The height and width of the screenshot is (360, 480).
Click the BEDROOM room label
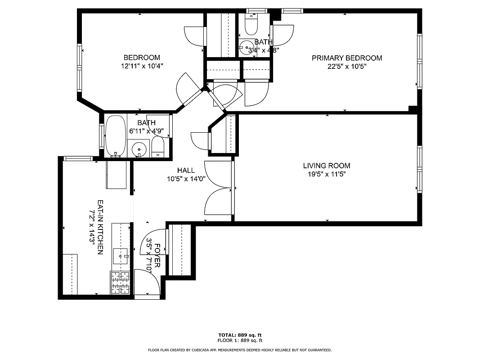(x=142, y=58)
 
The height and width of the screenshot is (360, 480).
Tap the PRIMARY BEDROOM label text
(x=347, y=58)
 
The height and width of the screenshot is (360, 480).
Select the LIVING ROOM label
(x=326, y=166)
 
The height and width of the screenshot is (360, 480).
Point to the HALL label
(x=186, y=170)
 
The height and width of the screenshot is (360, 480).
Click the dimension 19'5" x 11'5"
(x=326, y=174)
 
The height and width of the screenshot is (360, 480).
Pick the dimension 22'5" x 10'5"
(x=347, y=66)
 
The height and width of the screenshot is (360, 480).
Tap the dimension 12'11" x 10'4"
(x=142, y=66)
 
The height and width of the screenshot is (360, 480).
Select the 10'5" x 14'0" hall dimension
(x=186, y=178)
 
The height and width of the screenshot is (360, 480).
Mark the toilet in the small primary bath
(x=250, y=24)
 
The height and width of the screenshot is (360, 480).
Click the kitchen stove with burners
(x=120, y=282)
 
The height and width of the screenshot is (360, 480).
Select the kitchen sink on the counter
(x=121, y=256)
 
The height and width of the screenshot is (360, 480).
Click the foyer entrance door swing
(x=147, y=281)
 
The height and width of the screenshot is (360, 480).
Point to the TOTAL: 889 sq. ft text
(x=240, y=335)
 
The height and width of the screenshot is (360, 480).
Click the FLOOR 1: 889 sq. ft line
(x=240, y=340)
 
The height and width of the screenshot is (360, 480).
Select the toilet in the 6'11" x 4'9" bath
(x=158, y=147)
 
